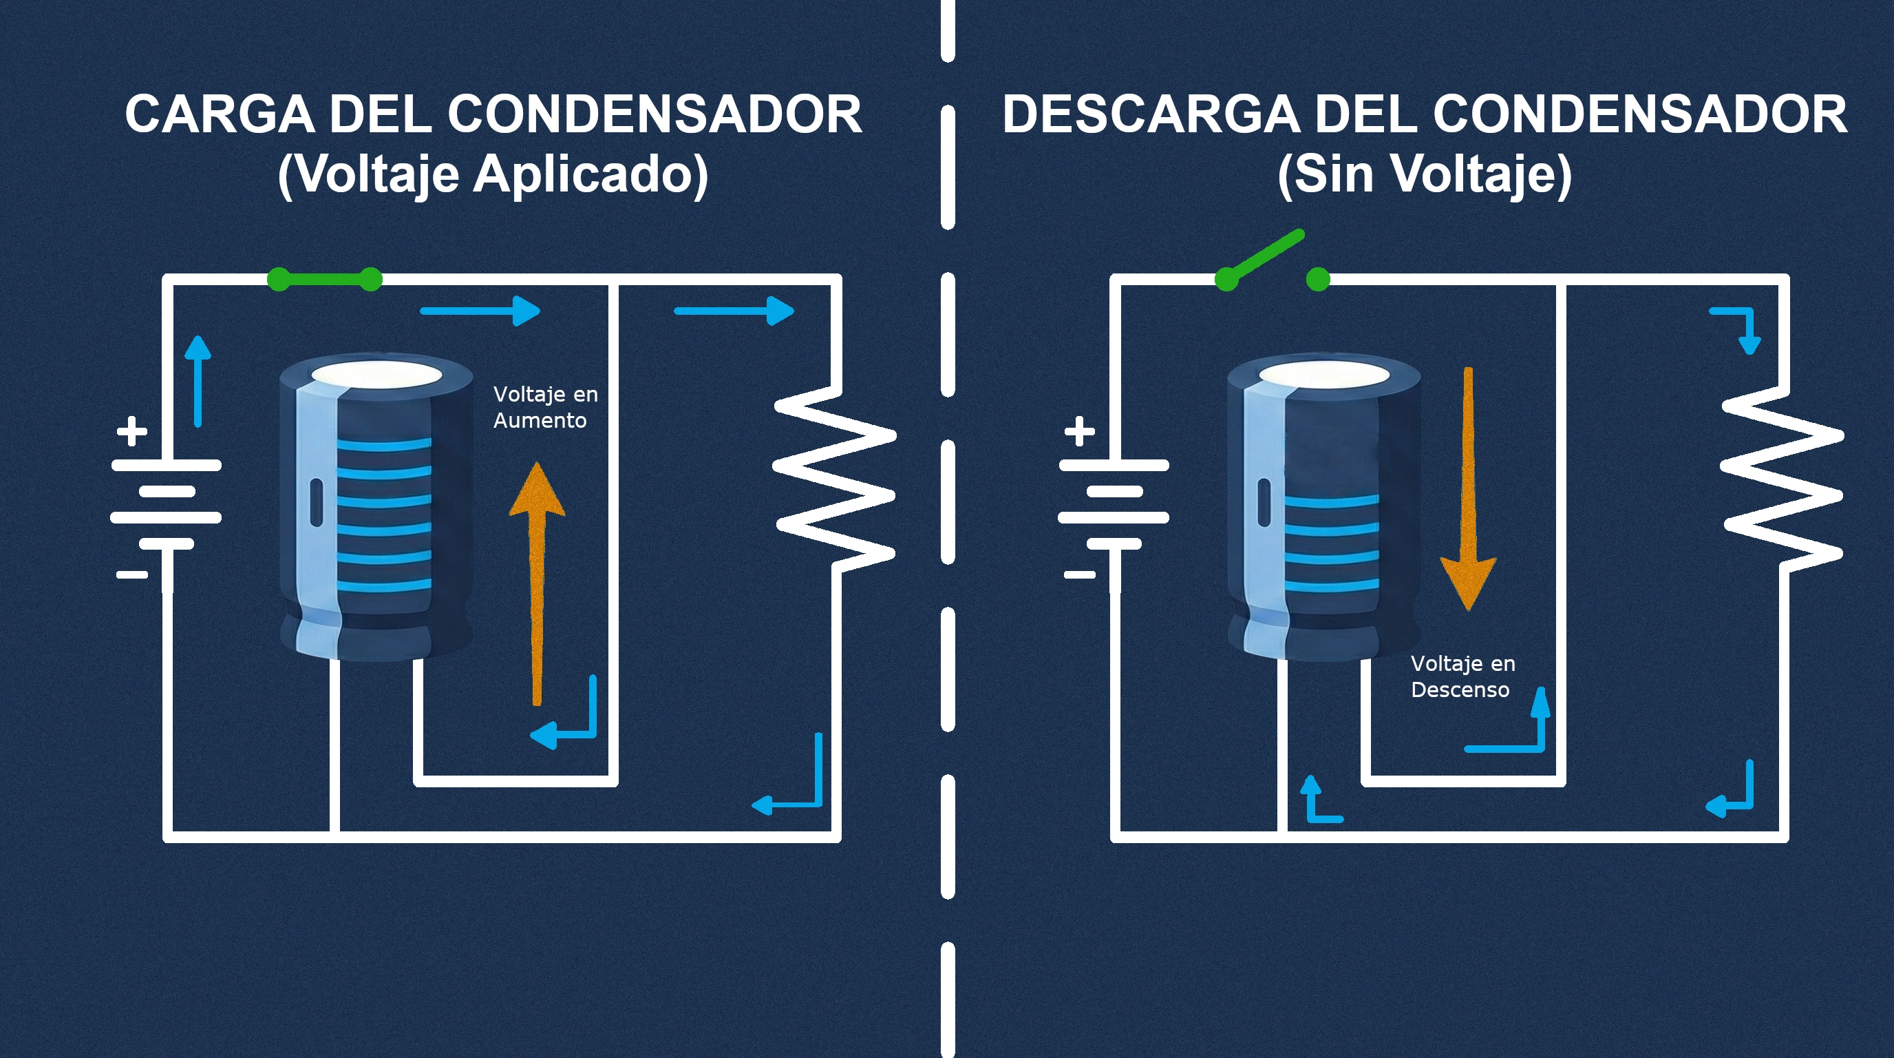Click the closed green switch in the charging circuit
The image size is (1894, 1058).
[324, 280]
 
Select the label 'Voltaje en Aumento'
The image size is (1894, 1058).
[544, 407]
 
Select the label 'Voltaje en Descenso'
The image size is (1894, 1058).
[1462, 676]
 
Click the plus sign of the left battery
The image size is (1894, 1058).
[132, 431]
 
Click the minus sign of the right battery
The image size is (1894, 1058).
[1079, 574]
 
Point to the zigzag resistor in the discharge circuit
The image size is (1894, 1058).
[1784, 478]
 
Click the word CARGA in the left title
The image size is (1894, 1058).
[220, 115]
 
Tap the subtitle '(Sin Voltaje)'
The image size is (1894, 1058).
[1424, 175]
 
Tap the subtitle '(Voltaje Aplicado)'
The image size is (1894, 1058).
[493, 175]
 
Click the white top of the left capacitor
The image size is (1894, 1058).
[376, 375]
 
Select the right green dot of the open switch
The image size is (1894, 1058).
[1319, 280]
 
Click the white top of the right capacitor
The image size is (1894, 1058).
[1323, 375]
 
